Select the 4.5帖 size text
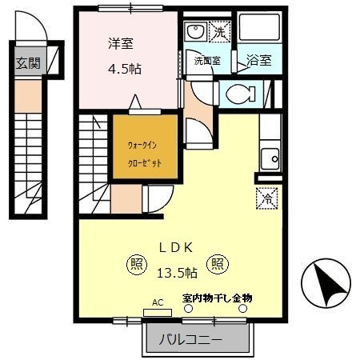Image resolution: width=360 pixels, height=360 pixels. click(125, 69)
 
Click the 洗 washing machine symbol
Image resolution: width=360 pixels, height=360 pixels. click(218, 33)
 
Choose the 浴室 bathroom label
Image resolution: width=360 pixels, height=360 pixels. click(258, 60)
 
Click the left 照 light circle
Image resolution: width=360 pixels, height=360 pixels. click(136, 262)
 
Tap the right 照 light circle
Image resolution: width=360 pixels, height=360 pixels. click(217, 262)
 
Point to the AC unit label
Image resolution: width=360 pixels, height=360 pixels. click(157, 303)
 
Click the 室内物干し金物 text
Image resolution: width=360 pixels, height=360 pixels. click(216, 298)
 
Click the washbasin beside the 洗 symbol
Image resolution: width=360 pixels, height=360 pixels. click(194, 33)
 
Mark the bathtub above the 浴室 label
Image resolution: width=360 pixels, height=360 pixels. click(260, 30)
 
